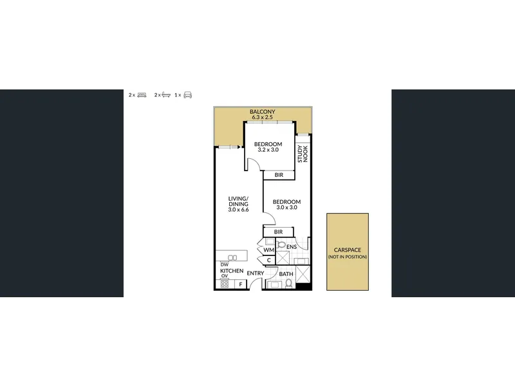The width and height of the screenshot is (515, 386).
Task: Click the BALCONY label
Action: (x=262, y=111)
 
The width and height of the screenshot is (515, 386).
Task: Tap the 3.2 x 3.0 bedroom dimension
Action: (x=268, y=150)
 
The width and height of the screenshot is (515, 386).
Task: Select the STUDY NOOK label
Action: (x=303, y=154)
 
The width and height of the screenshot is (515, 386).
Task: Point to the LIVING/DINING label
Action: (x=238, y=201)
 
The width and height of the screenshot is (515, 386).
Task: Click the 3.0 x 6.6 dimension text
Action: (x=238, y=210)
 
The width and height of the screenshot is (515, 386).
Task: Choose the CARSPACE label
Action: (x=348, y=250)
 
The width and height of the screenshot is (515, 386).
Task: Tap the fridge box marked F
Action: (x=241, y=284)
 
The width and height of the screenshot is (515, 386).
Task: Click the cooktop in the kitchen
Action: (x=225, y=284)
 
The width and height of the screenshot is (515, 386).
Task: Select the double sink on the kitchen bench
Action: (x=232, y=258)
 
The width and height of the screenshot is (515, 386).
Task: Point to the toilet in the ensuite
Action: (x=281, y=244)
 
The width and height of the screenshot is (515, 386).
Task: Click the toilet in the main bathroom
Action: (x=288, y=283)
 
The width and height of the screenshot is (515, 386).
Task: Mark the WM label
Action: (x=268, y=250)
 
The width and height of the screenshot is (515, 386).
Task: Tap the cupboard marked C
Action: (x=268, y=261)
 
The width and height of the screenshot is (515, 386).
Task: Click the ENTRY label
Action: (x=255, y=273)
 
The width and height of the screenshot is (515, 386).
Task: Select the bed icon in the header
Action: (x=142, y=95)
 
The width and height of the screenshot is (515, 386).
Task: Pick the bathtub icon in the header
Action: (x=166, y=95)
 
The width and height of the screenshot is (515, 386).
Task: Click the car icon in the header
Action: (x=187, y=95)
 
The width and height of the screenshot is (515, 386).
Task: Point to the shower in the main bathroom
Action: (x=303, y=274)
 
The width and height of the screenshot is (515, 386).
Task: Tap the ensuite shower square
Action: (x=282, y=258)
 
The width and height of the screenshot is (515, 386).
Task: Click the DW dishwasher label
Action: (x=224, y=264)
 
